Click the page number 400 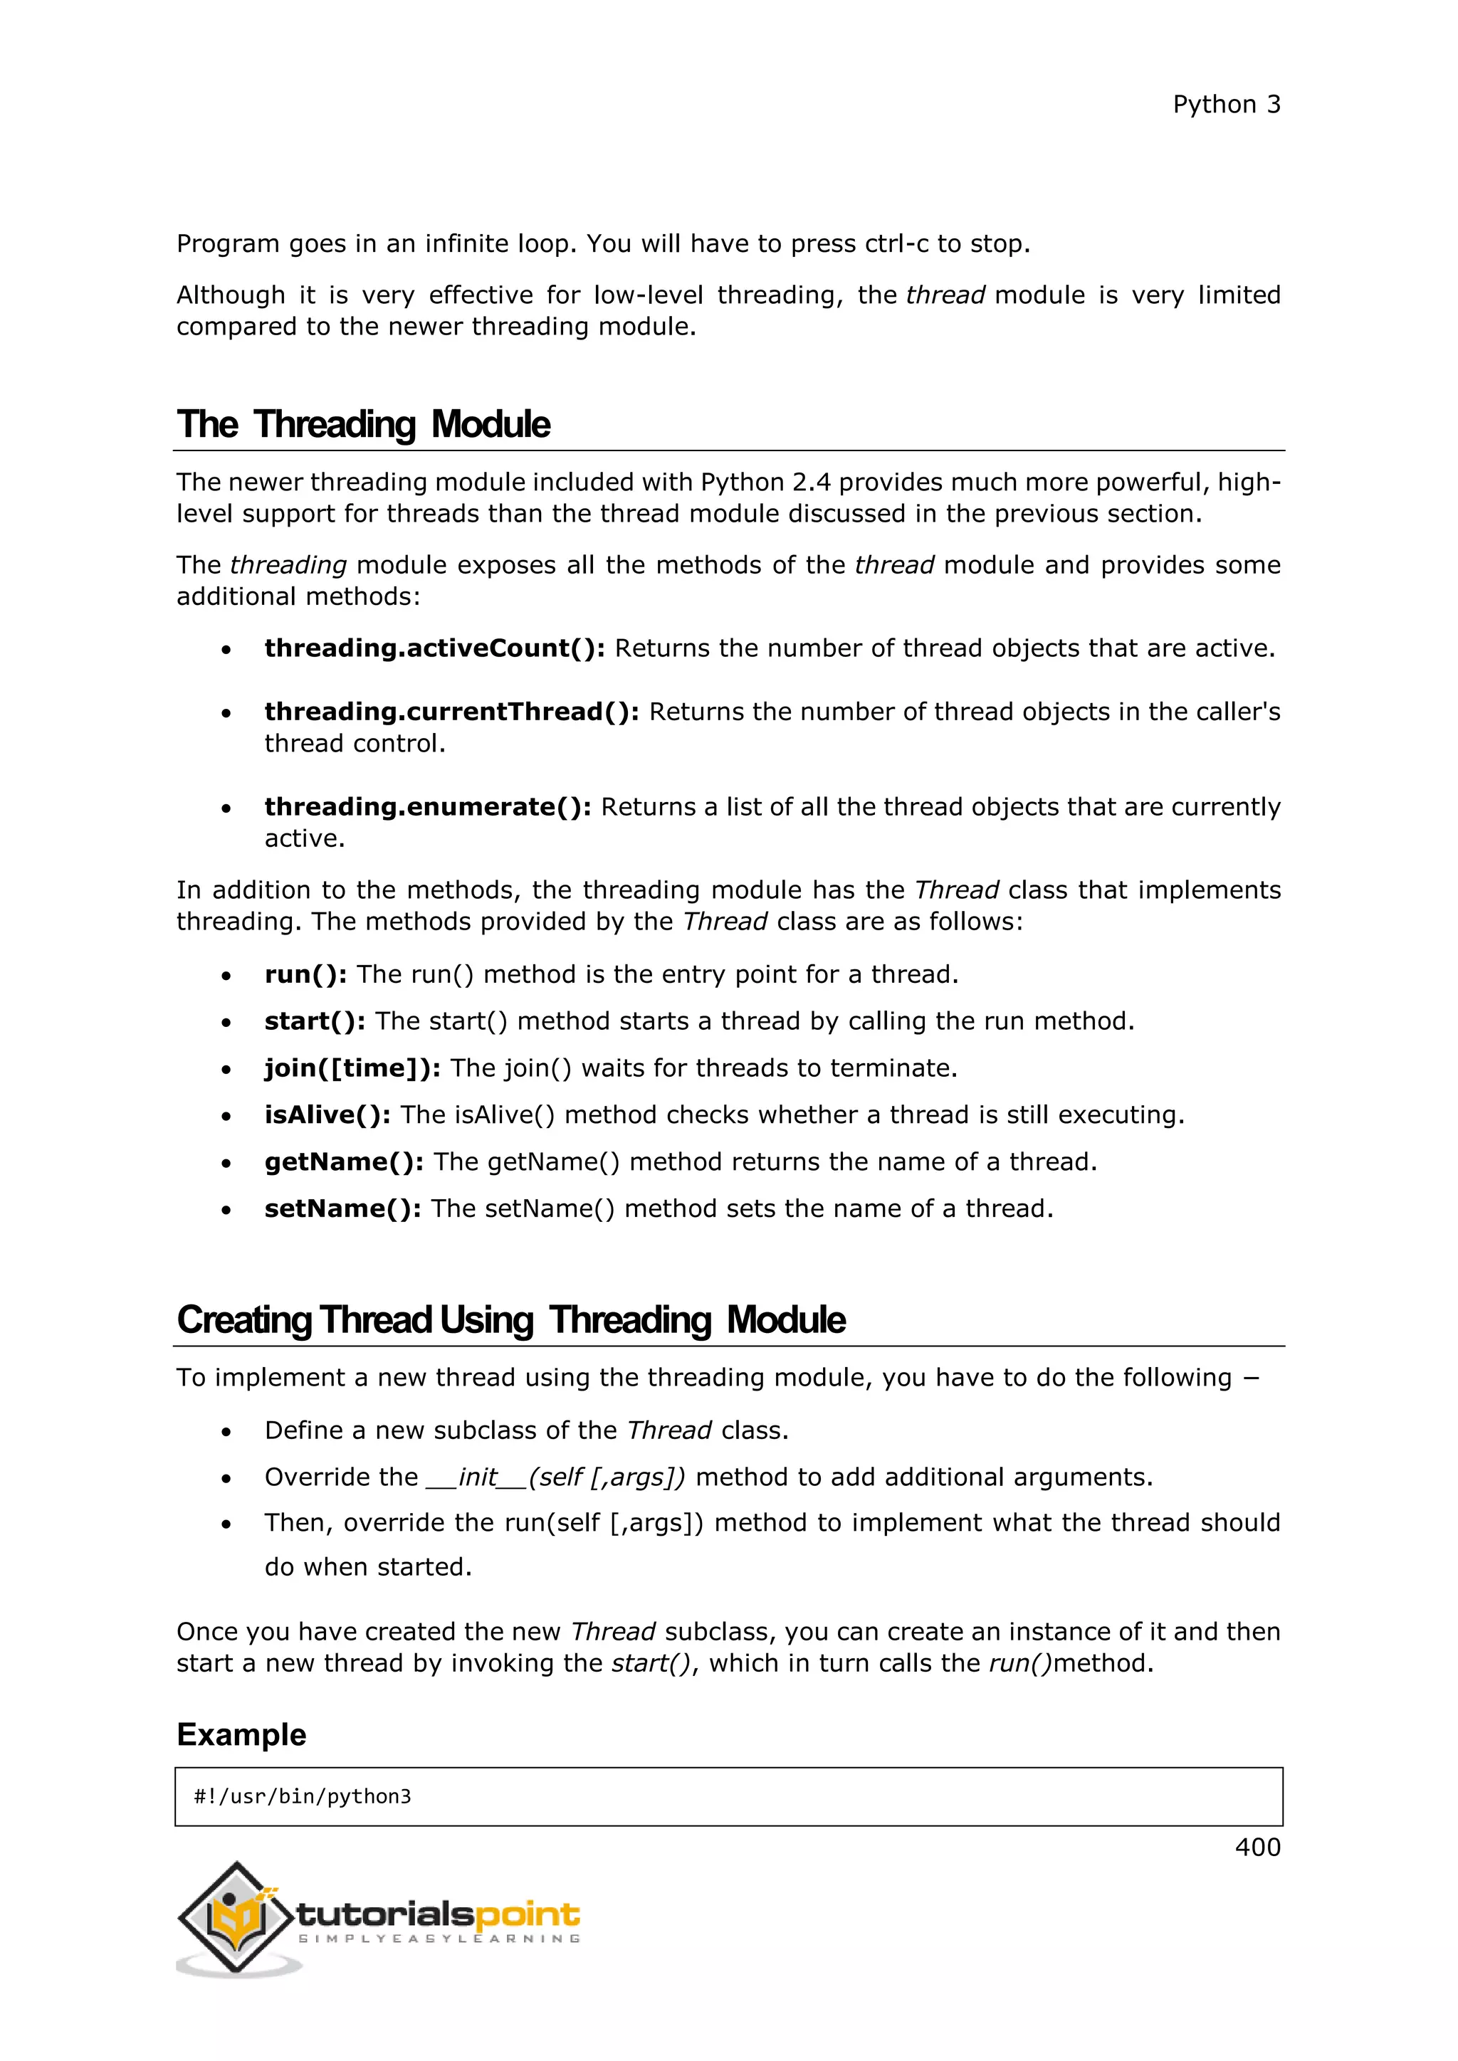click(x=1257, y=1847)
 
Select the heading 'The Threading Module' click(x=364, y=425)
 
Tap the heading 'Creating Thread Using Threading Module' click(x=511, y=1319)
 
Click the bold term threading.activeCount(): click(x=434, y=648)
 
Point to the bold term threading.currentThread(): click(x=451, y=712)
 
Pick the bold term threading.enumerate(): click(x=427, y=807)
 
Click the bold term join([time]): click(x=352, y=1068)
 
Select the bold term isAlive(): click(x=327, y=1115)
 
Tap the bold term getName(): click(x=344, y=1161)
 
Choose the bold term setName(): click(x=342, y=1208)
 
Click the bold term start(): click(x=314, y=1021)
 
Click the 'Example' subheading click(x=241, y=1734)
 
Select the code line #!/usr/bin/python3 click(x=303, y=1796)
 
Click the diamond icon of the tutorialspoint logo click(x=235, y=1917)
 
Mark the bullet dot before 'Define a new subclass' click(x=226, y=1432)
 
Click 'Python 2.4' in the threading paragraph click(x=765, y=483)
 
